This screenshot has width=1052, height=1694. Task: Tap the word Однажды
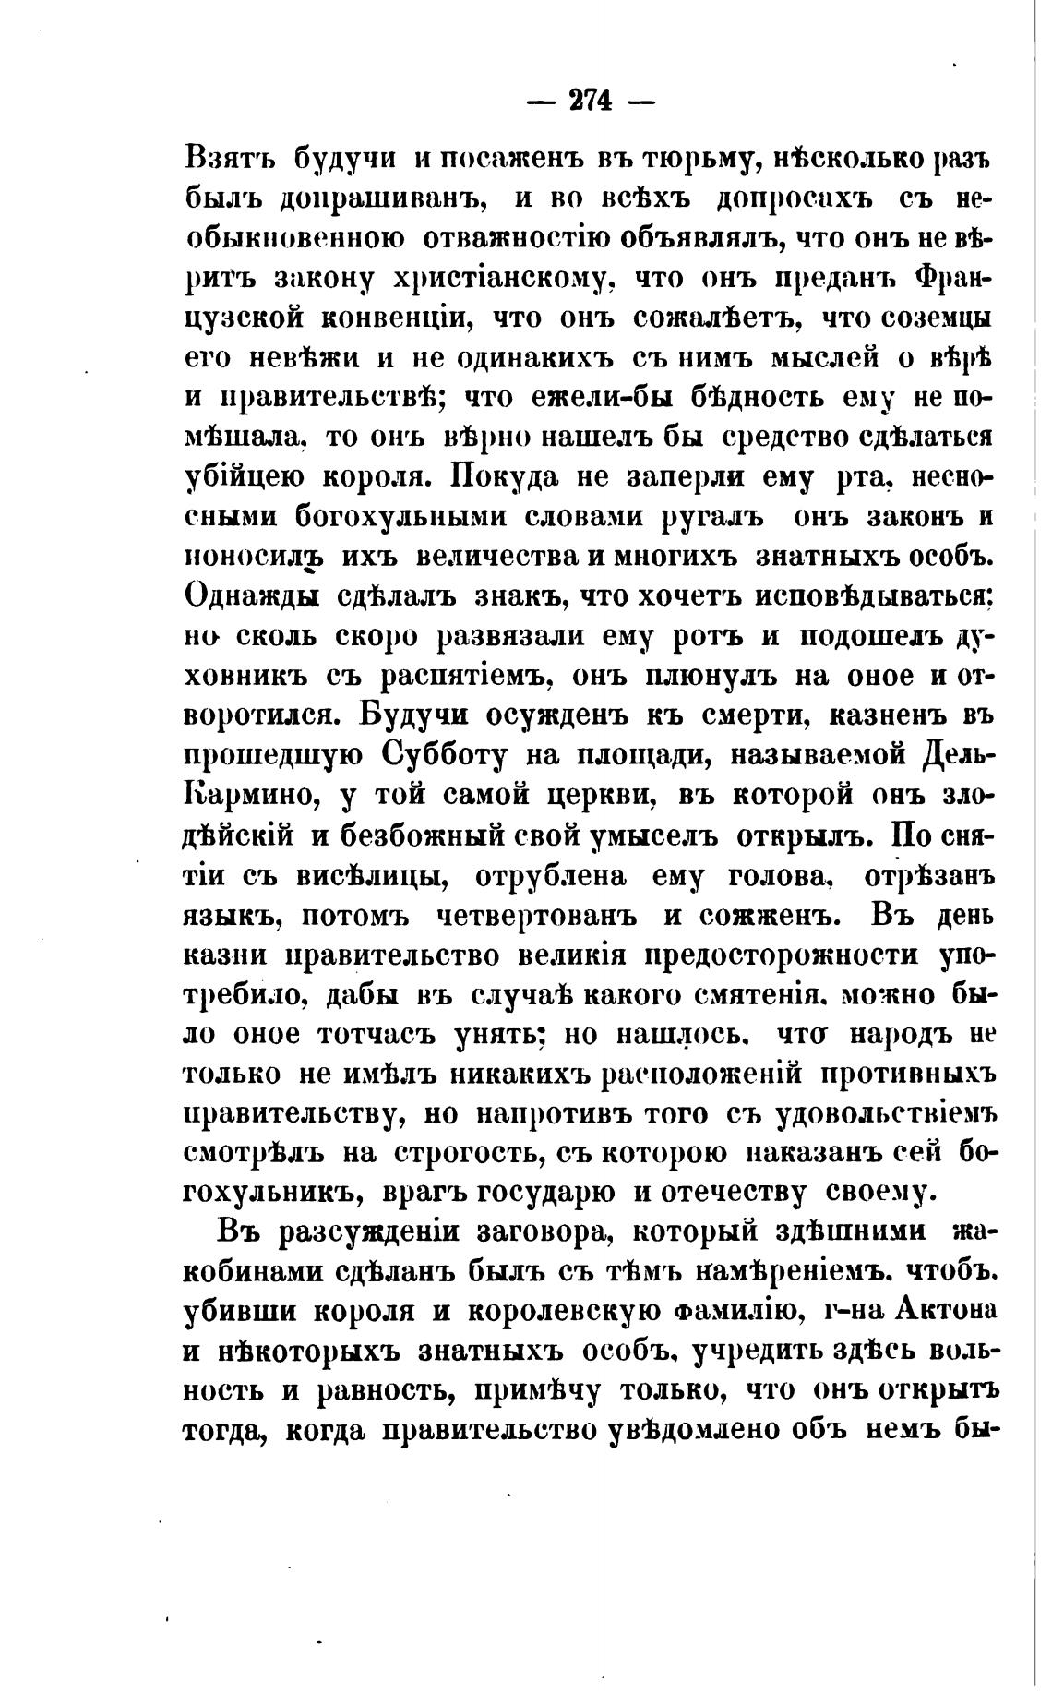pos(252,595)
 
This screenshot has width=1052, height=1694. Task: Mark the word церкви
pos(594,795)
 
